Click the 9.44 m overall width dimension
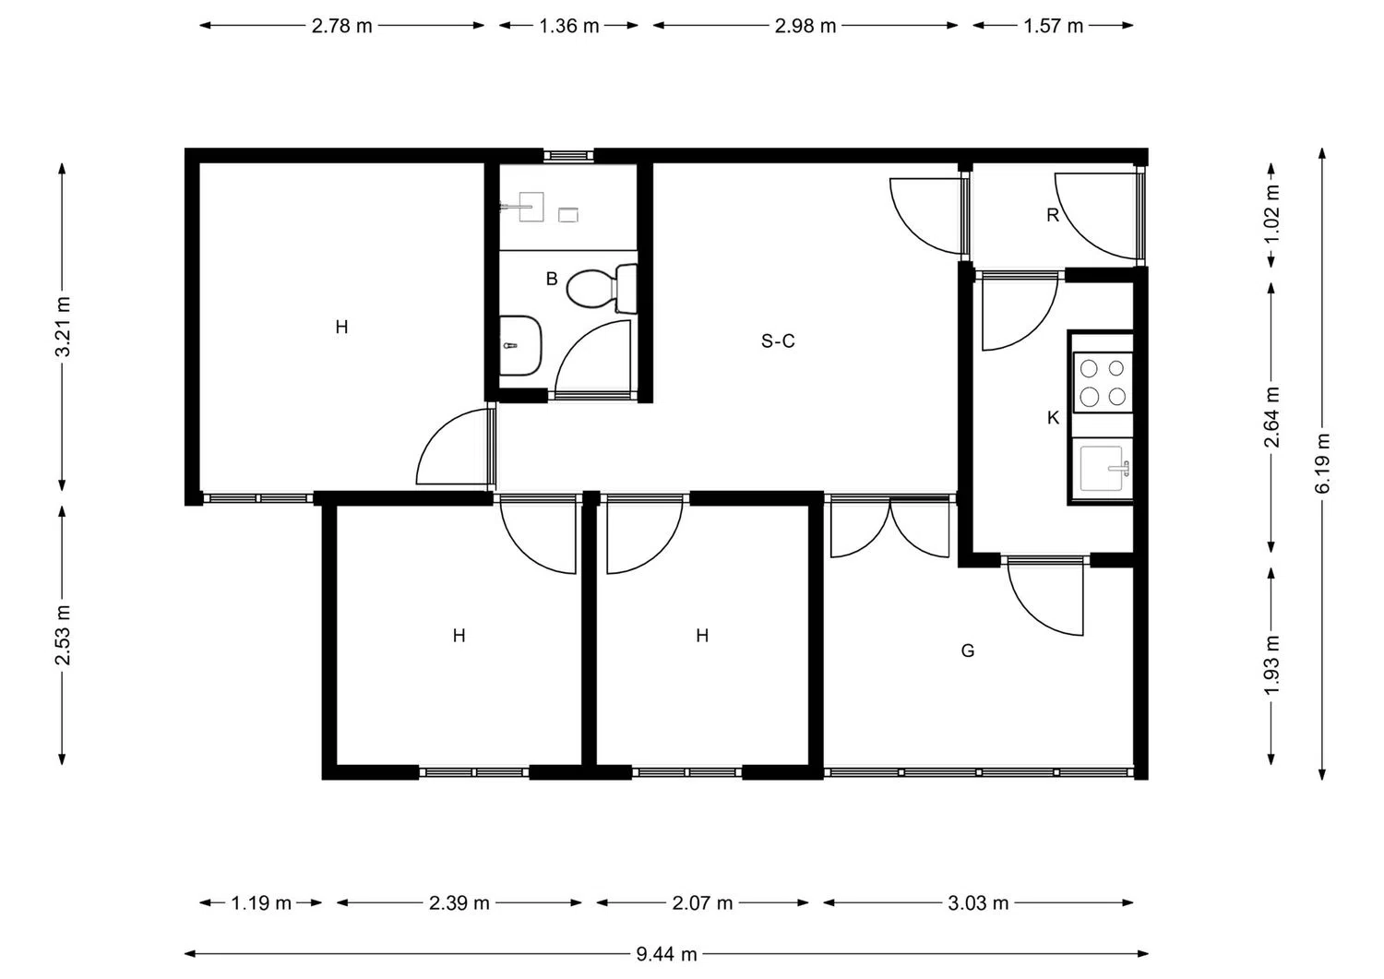pos(666,954)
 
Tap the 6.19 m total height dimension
pos(1322,463)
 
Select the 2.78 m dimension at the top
pos(341,26)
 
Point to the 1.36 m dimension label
pos(568,26)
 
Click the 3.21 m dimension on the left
pos(62,327)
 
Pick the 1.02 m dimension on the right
pos(1271,215)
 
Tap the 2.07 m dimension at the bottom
pos(702,902)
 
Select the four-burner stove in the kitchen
pos(1103,382)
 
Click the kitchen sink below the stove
pos(1103,469)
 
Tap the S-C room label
pos(778,341)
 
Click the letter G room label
pos(968,651)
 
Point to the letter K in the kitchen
pos(1053,418)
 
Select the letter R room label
pos(1053,215)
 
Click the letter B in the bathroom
pos(552,279)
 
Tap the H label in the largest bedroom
pos(341,327)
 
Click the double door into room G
pos(889,528)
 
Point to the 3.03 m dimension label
pos(978,902)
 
